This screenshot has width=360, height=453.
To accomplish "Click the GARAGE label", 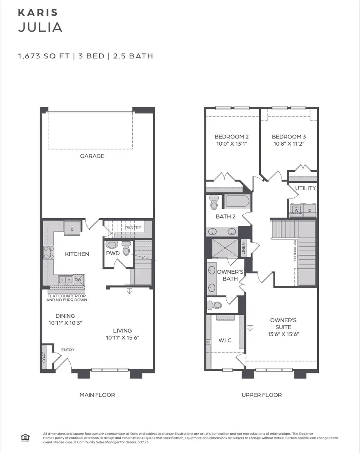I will (92, 156).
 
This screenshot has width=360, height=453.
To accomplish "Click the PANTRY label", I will (133, 228).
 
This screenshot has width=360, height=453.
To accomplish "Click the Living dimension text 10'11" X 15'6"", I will (122, 338).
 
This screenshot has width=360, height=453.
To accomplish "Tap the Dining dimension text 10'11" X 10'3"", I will (66, 323).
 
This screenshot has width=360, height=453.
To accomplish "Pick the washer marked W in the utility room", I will (296, 210).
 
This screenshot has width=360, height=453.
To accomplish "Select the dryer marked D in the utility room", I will (309, 210).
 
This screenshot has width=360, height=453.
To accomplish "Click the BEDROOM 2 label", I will (232, 136).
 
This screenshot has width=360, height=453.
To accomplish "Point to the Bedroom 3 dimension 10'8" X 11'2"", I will (289, 144).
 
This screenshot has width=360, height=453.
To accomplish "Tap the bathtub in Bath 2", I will (237, 201).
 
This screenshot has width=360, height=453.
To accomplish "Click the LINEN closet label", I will (243, 249).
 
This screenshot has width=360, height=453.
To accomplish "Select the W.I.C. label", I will (226, 341).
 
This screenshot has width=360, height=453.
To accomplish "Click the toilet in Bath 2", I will (214, 203).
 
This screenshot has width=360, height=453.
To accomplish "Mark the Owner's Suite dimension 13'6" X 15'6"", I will (283, 334).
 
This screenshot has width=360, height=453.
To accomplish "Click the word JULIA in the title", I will (40, 28).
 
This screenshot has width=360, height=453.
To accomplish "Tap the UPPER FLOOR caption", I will (262, 395).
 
